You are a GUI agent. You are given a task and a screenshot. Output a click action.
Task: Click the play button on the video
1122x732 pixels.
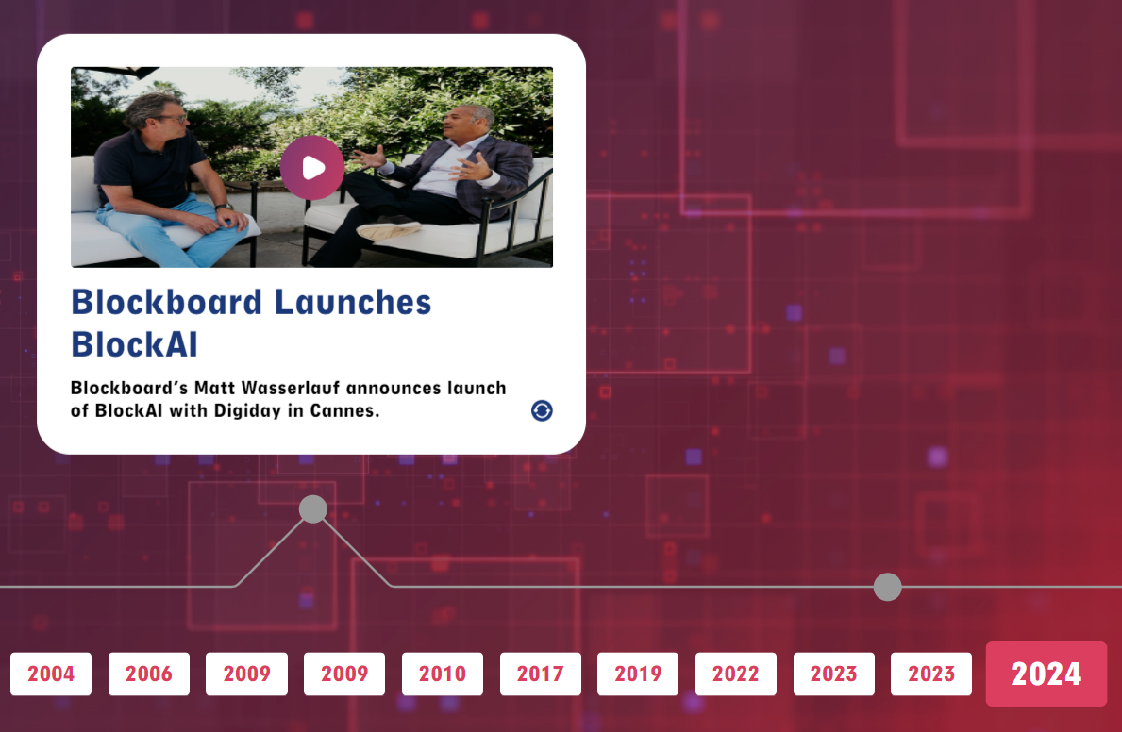point(312,168)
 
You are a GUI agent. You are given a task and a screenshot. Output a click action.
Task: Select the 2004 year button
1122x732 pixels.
point(51,674)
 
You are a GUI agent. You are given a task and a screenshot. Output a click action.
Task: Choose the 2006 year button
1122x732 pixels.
point(149,674)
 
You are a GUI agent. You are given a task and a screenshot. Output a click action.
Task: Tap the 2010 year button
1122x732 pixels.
point(443,674)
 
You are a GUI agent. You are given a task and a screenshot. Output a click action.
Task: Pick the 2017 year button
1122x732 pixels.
point(541,674)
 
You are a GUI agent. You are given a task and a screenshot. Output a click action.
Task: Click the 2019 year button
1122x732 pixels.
point(638,674)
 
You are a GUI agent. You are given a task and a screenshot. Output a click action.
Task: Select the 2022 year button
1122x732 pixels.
point(736,674)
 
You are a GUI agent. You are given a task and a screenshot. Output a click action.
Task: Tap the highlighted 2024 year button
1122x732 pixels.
point(1047,674)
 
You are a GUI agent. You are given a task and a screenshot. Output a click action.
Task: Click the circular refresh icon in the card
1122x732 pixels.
point(542,410)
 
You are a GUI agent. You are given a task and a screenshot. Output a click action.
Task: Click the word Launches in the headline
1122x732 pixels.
point(353,302)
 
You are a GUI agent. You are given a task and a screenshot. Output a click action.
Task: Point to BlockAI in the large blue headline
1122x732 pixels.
point(135,344)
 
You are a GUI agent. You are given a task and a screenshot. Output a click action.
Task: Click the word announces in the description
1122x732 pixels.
point(394,388)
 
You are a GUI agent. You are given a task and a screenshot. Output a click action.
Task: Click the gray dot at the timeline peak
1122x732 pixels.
point(312,508)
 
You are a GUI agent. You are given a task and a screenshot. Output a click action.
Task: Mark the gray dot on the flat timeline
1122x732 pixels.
point(887,587)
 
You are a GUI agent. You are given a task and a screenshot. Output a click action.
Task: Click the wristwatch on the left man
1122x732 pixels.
point(225,207)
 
